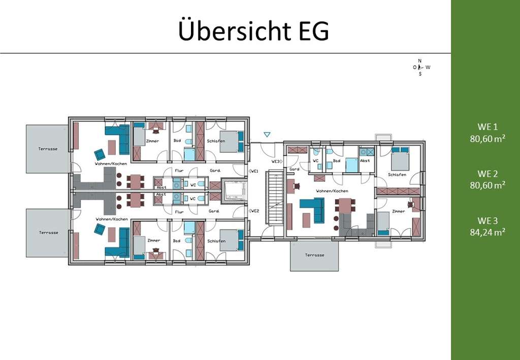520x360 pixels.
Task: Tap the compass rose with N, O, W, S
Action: [x=421, y=67]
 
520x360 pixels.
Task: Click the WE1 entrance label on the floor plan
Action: [x=254, y=172]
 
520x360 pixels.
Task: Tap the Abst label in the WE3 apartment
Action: [x=364, y=161]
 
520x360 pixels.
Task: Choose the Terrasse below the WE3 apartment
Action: [x=314, y=255]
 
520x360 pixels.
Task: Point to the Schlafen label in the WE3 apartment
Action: [x=397, y=174]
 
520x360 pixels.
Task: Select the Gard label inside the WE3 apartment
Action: [x=294, y=169]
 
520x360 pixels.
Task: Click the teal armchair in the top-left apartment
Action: [x=99, y=154]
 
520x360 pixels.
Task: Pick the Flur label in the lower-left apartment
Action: [x=179, y=211]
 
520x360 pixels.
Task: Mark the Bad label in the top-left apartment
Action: [x=177, y=141]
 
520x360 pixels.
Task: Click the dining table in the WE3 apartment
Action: [x=345, y=206]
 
